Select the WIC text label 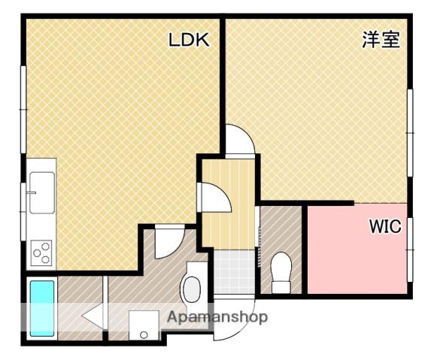click(384, 226)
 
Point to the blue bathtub click(42, 307)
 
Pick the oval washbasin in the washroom click(192, 288)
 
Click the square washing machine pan click(143, 325)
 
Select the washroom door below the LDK click(169, 239)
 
